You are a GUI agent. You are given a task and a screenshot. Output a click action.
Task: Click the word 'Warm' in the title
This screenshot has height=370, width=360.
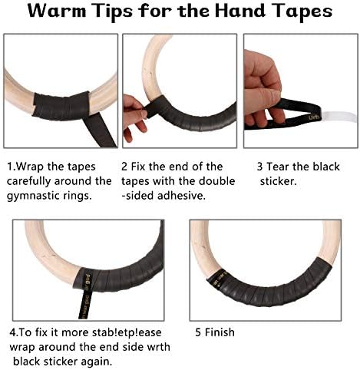(x=57, y=11)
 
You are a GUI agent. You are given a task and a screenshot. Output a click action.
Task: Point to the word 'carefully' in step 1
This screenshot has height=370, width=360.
(x=29, y=181)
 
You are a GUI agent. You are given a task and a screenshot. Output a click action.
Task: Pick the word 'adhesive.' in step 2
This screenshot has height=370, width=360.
(x=181, y=196)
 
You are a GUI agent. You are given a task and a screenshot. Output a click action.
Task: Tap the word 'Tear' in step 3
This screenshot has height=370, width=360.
(x=278, y=167)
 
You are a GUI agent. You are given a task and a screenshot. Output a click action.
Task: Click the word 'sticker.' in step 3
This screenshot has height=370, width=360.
(x=278, y=181)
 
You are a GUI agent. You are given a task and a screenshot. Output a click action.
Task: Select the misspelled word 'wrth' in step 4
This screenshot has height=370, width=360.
(x=158, y=347)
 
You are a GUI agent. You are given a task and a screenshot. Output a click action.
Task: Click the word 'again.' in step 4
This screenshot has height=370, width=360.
(x=97, y=362)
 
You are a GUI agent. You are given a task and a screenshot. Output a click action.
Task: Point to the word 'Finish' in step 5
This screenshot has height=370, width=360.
(x=220, y=332)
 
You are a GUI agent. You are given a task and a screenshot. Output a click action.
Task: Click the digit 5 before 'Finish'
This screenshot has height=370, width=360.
(x=198, y=332)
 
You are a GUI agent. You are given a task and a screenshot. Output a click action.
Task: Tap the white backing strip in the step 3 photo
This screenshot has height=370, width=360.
(x=339, y=117)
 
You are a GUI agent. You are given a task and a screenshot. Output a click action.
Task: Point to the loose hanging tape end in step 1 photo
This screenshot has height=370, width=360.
(x=100, y=130)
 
